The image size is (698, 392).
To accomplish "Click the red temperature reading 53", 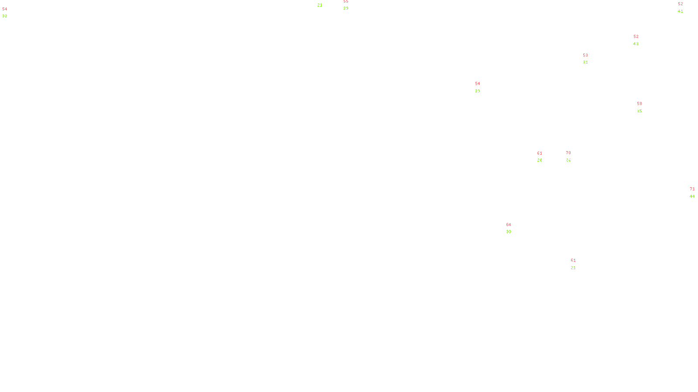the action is (x=585, y=55).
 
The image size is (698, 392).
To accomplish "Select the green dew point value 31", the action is (x=585, y=62).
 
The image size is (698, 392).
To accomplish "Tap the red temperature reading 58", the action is (x=640, y=104).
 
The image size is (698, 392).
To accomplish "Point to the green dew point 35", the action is (x=640, y=111).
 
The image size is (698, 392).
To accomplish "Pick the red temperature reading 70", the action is (x=568, y=153).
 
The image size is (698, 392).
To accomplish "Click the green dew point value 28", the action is (x=540, y=160).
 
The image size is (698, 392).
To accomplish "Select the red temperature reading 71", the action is (x=692, y=189).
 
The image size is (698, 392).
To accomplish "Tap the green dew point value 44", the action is (x=692, y=196).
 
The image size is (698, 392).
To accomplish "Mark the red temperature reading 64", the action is (x=509, y=225).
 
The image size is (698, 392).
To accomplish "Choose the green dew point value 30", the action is (x=509, y=232).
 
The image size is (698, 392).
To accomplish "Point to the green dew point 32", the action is (x=5, y=16).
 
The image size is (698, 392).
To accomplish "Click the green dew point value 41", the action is (x=681, y=11).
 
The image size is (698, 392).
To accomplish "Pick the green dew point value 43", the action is (x=636, y=44).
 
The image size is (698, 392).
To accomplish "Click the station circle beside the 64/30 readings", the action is (x=513, y=228).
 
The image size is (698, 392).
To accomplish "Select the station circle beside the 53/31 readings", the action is (x=590, y=59).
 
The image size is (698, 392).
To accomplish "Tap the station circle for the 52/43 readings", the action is (x=640, y=40).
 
